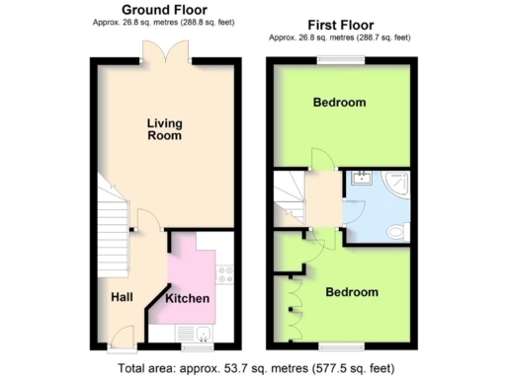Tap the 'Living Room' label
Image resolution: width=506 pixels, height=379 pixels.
[x=164, y=129]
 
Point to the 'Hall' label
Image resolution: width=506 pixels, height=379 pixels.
[x=122, y=296]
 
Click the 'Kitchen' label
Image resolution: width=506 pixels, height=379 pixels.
[x=187, y=298]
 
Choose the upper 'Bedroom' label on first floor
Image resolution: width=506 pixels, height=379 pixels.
[x=340, y=103]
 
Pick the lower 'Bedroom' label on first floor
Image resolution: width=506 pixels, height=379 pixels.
[x=352, y=292]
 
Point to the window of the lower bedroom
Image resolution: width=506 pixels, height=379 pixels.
[x=341, y=347]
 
